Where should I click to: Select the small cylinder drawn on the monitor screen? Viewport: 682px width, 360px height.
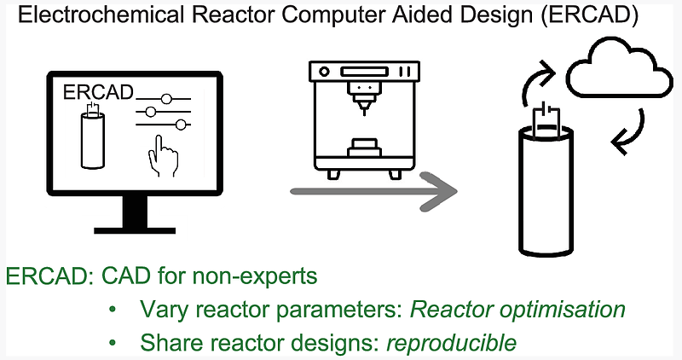click(x=90, y=137)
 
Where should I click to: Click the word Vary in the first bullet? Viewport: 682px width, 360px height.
click(x=159, y=310)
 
